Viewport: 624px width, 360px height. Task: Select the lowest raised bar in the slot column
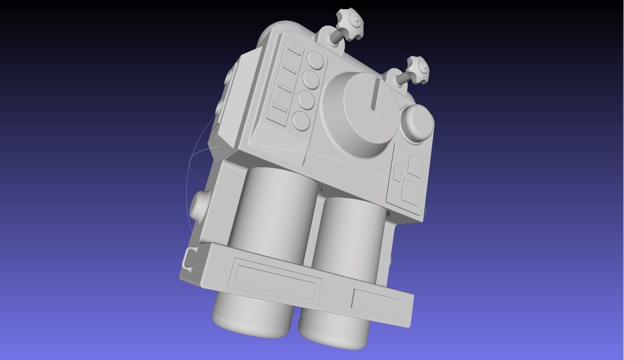pyautogui.click(x=280, y=107)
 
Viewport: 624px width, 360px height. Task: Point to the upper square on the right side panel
pyautogui.click(x=415, y=165)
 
